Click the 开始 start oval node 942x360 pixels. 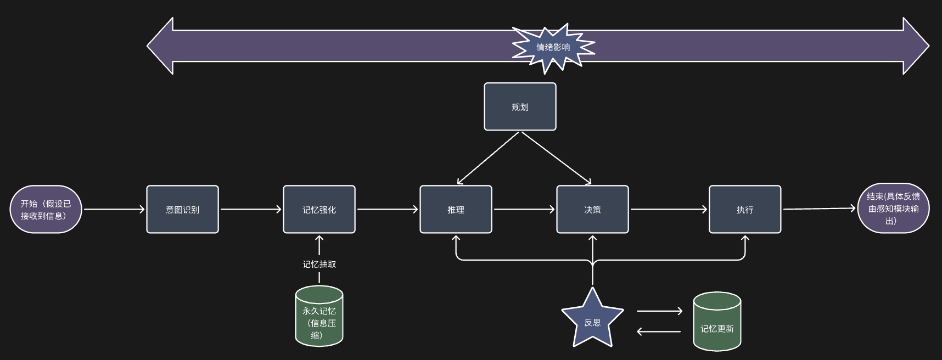46,209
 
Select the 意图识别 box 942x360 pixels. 182,209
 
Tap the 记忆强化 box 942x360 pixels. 319,209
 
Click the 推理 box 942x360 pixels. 456,209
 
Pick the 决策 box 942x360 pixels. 592,209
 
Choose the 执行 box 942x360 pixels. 745,209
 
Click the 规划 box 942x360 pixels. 520,106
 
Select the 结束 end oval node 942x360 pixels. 893,209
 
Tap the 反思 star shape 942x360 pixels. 592,319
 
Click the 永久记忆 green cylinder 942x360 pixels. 319,316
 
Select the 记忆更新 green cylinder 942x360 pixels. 717,322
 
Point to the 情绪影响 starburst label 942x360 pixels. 553,48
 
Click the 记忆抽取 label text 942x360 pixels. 319,264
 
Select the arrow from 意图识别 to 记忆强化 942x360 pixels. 251,209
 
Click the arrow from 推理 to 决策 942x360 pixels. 524,209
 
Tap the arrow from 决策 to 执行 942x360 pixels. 669,209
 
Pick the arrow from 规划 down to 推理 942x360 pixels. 488,158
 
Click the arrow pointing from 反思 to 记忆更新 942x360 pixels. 659,311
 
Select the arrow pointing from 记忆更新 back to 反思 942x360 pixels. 659,331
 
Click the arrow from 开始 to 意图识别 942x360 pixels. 114,209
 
